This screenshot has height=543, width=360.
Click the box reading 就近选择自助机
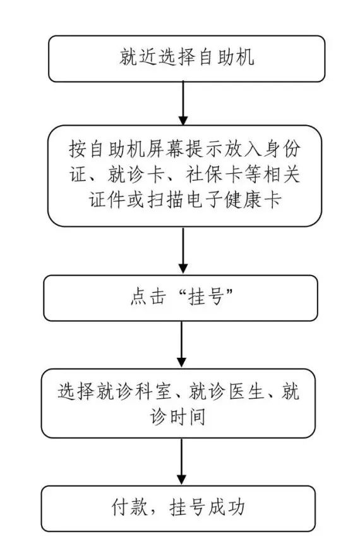tap(186, 59)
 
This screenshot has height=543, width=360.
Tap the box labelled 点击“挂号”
tap(181, 298)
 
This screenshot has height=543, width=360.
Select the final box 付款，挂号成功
tap(178, 508)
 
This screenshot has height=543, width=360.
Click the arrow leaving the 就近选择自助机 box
tap(183, 103)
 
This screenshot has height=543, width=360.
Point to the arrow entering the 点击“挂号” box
tap(183, 250)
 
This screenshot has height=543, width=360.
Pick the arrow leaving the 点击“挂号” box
tap(181, 344)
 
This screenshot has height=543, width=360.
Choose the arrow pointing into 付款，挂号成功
tap(181, 461)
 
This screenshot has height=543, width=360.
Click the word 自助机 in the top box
tap(227, 56)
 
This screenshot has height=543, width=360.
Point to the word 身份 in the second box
tap(282, 149)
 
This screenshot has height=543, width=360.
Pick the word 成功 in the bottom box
tap(227, 508)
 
